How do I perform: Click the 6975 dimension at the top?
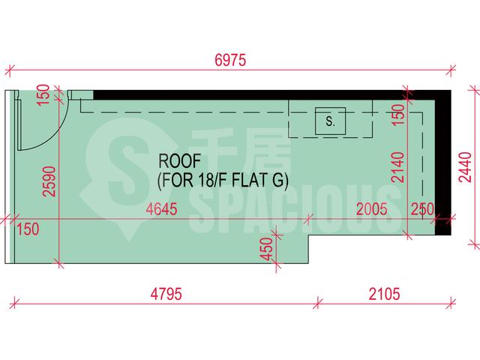pyautogui.click(x=230, y=60)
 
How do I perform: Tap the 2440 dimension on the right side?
pyautogui.click(x=466, y=166)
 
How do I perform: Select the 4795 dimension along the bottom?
pyautogui.click(x=166, y=294)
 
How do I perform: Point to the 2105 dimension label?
pyautogui.click(x=384, y=294)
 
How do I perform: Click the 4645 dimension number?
pyautogui.click(x=162, y=209)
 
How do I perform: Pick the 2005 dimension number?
pyautogui.click(x=372, y=209)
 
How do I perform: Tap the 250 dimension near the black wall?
pyautogui.click(x=422, y=209)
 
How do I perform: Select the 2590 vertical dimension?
pyautogui.click(x=50, y=181)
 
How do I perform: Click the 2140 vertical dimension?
pyautogui.click(x=398, y=167)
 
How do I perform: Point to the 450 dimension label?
pyautogui.click(x=267, y=249)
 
